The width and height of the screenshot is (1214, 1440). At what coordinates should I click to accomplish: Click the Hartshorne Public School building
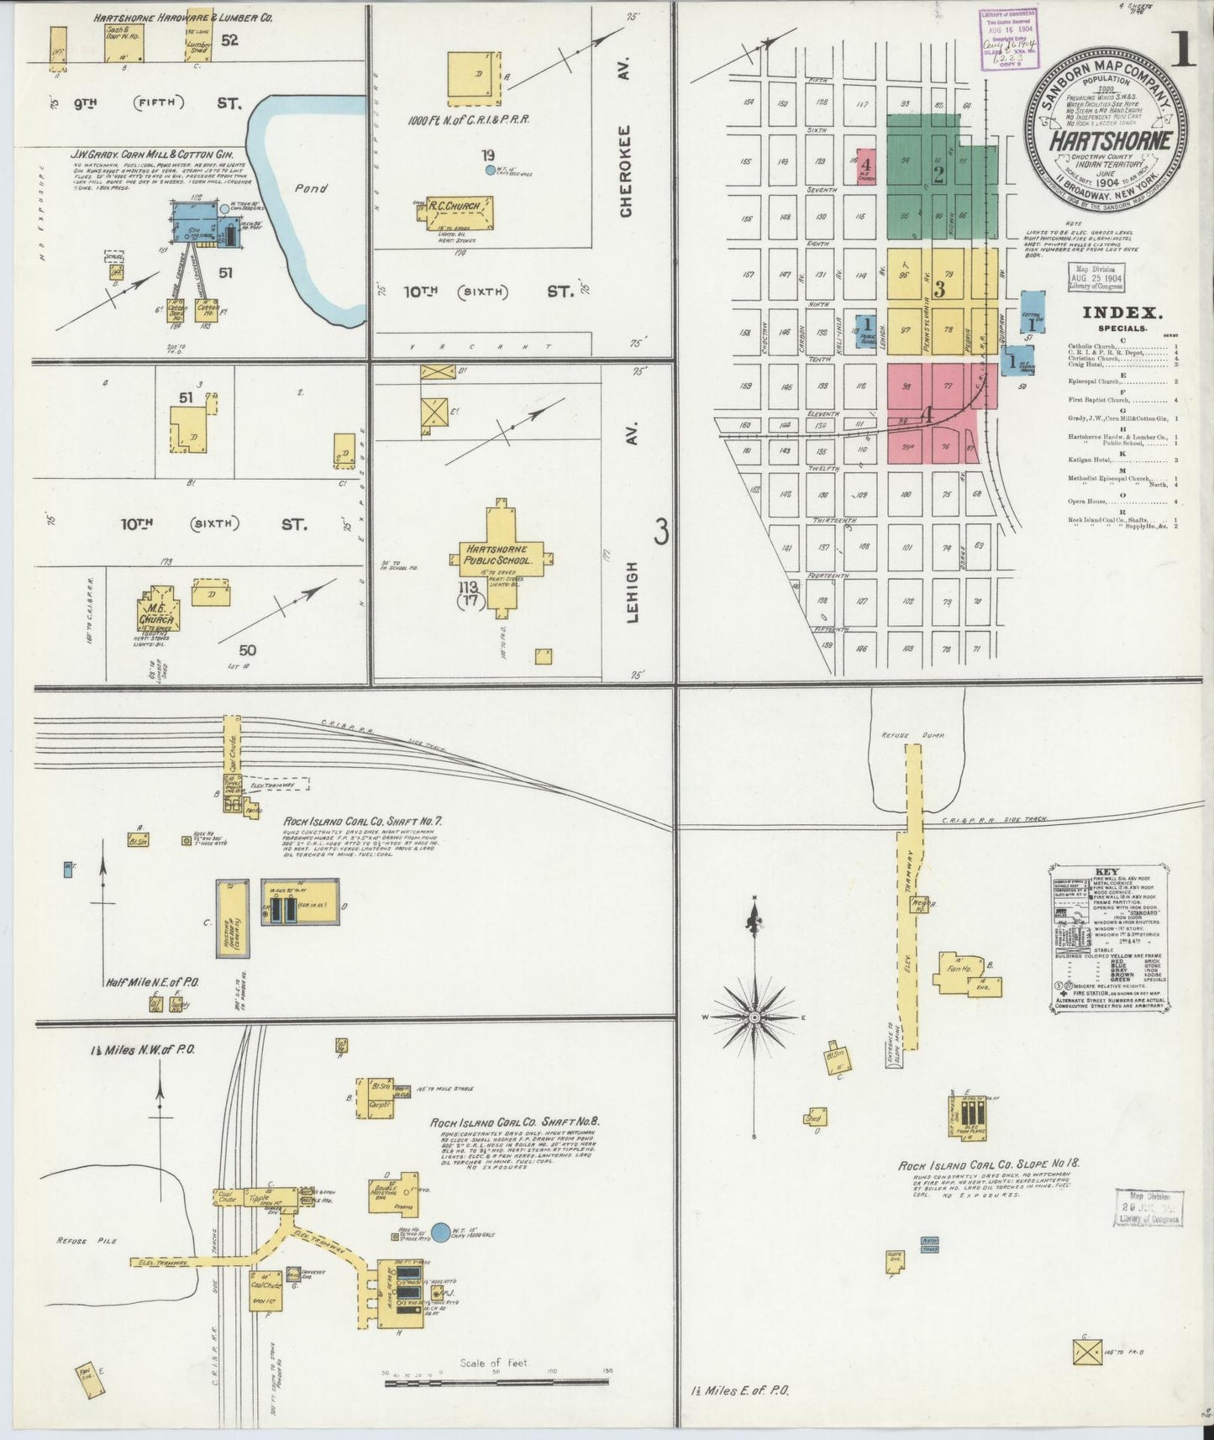501,554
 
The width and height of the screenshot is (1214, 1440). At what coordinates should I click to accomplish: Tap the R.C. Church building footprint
459,213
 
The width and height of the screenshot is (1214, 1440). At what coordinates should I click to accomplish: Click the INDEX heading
1122,313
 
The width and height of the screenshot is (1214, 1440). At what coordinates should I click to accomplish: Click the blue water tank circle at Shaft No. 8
439,1232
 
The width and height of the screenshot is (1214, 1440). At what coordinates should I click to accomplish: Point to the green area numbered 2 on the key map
938,175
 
